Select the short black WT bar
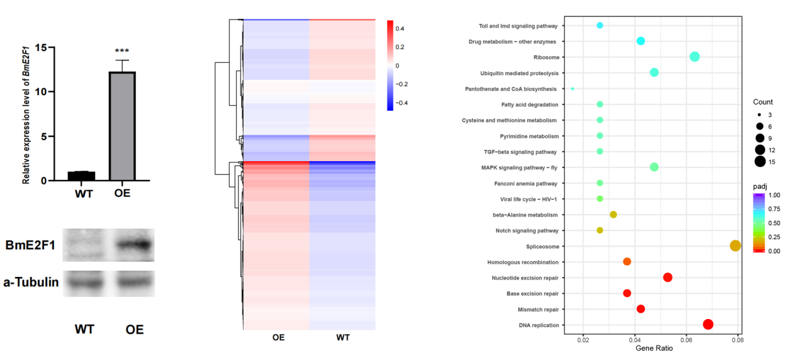pos(82,176)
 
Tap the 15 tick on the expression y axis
pos(41,47)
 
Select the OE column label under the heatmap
pos(278,337)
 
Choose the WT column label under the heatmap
pos(343,337)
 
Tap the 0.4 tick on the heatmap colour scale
pos(400,28)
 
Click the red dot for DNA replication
pos(708,324)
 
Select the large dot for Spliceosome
pos(735,245)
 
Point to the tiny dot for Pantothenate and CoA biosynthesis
pos(572,89)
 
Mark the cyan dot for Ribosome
pos(694,57)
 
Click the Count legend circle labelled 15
pos(760,162)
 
